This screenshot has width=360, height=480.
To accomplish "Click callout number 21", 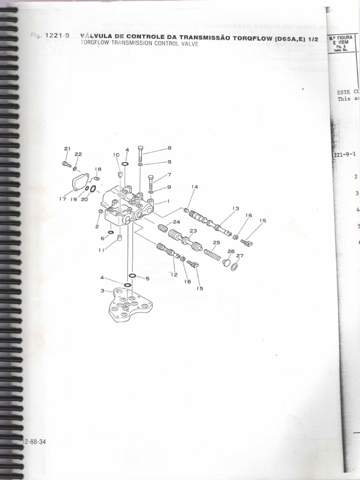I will coord(67,149).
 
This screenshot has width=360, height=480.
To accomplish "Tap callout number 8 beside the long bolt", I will coord(170,148).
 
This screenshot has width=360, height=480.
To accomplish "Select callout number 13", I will coord(235,209).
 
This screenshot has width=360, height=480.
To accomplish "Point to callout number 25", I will coord(216,243).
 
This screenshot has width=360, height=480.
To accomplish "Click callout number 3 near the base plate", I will coord(102,291).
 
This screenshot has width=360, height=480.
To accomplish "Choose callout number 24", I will coord(176,222).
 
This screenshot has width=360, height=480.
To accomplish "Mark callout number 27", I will coord(240,256).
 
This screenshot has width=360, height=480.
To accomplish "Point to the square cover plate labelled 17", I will coord(81,181).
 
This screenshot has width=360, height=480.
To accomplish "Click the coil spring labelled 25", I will coord(212,255).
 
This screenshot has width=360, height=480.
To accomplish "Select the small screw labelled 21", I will coord(66,164).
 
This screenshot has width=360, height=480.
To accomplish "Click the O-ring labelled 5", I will coord(133,276).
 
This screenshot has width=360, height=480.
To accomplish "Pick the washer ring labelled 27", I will coord(234,267).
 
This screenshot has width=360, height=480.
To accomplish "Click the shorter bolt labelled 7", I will coord(150,181).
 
